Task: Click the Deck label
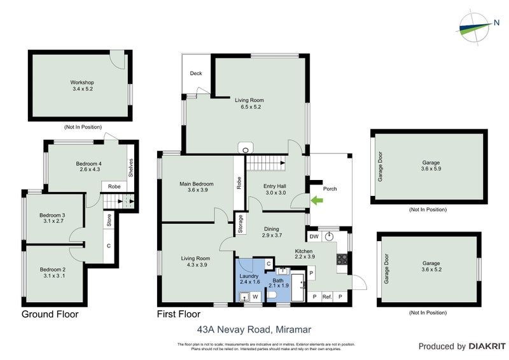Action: click(x=196, y=73)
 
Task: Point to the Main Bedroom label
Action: click(x=196, y=186)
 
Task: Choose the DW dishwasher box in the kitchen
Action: click(x=314, y=237)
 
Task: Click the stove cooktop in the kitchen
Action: click(x=341, y=259)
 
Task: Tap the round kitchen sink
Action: click(x=330, y=236)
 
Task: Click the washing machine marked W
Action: click(x=255, y=296)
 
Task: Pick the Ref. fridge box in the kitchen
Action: click(x=327, y=296)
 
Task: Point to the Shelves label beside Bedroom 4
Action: click(x=130, y=169)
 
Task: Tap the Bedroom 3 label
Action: click(x=53, y=218)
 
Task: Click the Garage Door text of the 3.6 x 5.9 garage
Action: click(x=380, y=167)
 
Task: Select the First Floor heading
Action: click(x=179, y=314)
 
